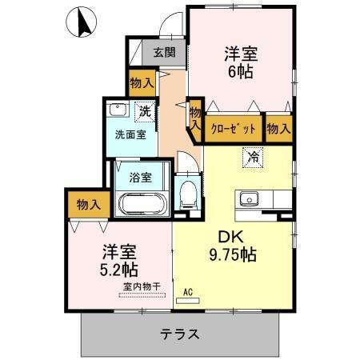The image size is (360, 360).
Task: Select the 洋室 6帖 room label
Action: click(240, 62)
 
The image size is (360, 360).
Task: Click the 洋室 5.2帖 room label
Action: click(118, 258)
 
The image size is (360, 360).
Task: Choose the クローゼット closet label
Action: click(234, 128)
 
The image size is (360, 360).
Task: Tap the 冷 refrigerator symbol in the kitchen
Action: click(254, 157)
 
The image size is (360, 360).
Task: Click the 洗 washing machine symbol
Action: click(145, 110)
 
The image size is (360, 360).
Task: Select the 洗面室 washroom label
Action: click(130, 134)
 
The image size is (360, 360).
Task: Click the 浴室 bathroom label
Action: click(142, 177)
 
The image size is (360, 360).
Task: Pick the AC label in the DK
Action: click(190, 293)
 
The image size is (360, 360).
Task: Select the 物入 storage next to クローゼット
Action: click(278, 128)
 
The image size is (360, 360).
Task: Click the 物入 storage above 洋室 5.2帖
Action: click(87, 205)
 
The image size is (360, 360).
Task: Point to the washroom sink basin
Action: click(118, 110)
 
